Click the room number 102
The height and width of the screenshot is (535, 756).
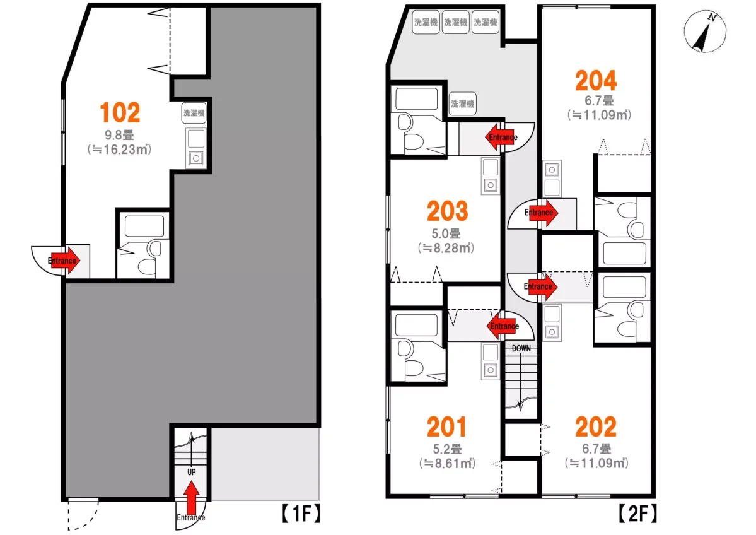point(120,112)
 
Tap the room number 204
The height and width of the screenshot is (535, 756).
point(596,81)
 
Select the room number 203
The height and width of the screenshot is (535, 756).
point(448,211)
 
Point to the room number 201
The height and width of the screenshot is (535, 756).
point(447,426)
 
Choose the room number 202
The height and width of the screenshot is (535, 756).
point(596,426)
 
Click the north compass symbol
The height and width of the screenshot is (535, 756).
point(705,31)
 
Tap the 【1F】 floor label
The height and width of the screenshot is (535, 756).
point(301,514)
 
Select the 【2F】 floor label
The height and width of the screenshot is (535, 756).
point(637,514)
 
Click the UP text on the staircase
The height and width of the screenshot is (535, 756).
point(192,473)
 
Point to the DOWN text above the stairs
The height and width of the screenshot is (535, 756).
point(521,348)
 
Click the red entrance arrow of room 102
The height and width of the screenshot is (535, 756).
point(64,261)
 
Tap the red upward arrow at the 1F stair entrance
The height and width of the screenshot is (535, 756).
point(192,497)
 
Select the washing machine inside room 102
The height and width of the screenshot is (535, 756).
point(194,113)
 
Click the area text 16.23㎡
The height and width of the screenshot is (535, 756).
point(120,150)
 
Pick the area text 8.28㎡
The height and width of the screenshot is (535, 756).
point(446,248)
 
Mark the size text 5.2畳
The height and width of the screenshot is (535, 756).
point(447,449)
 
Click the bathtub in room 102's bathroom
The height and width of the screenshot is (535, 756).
point(144,226)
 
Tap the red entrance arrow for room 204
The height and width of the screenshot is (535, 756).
point(542,213)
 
